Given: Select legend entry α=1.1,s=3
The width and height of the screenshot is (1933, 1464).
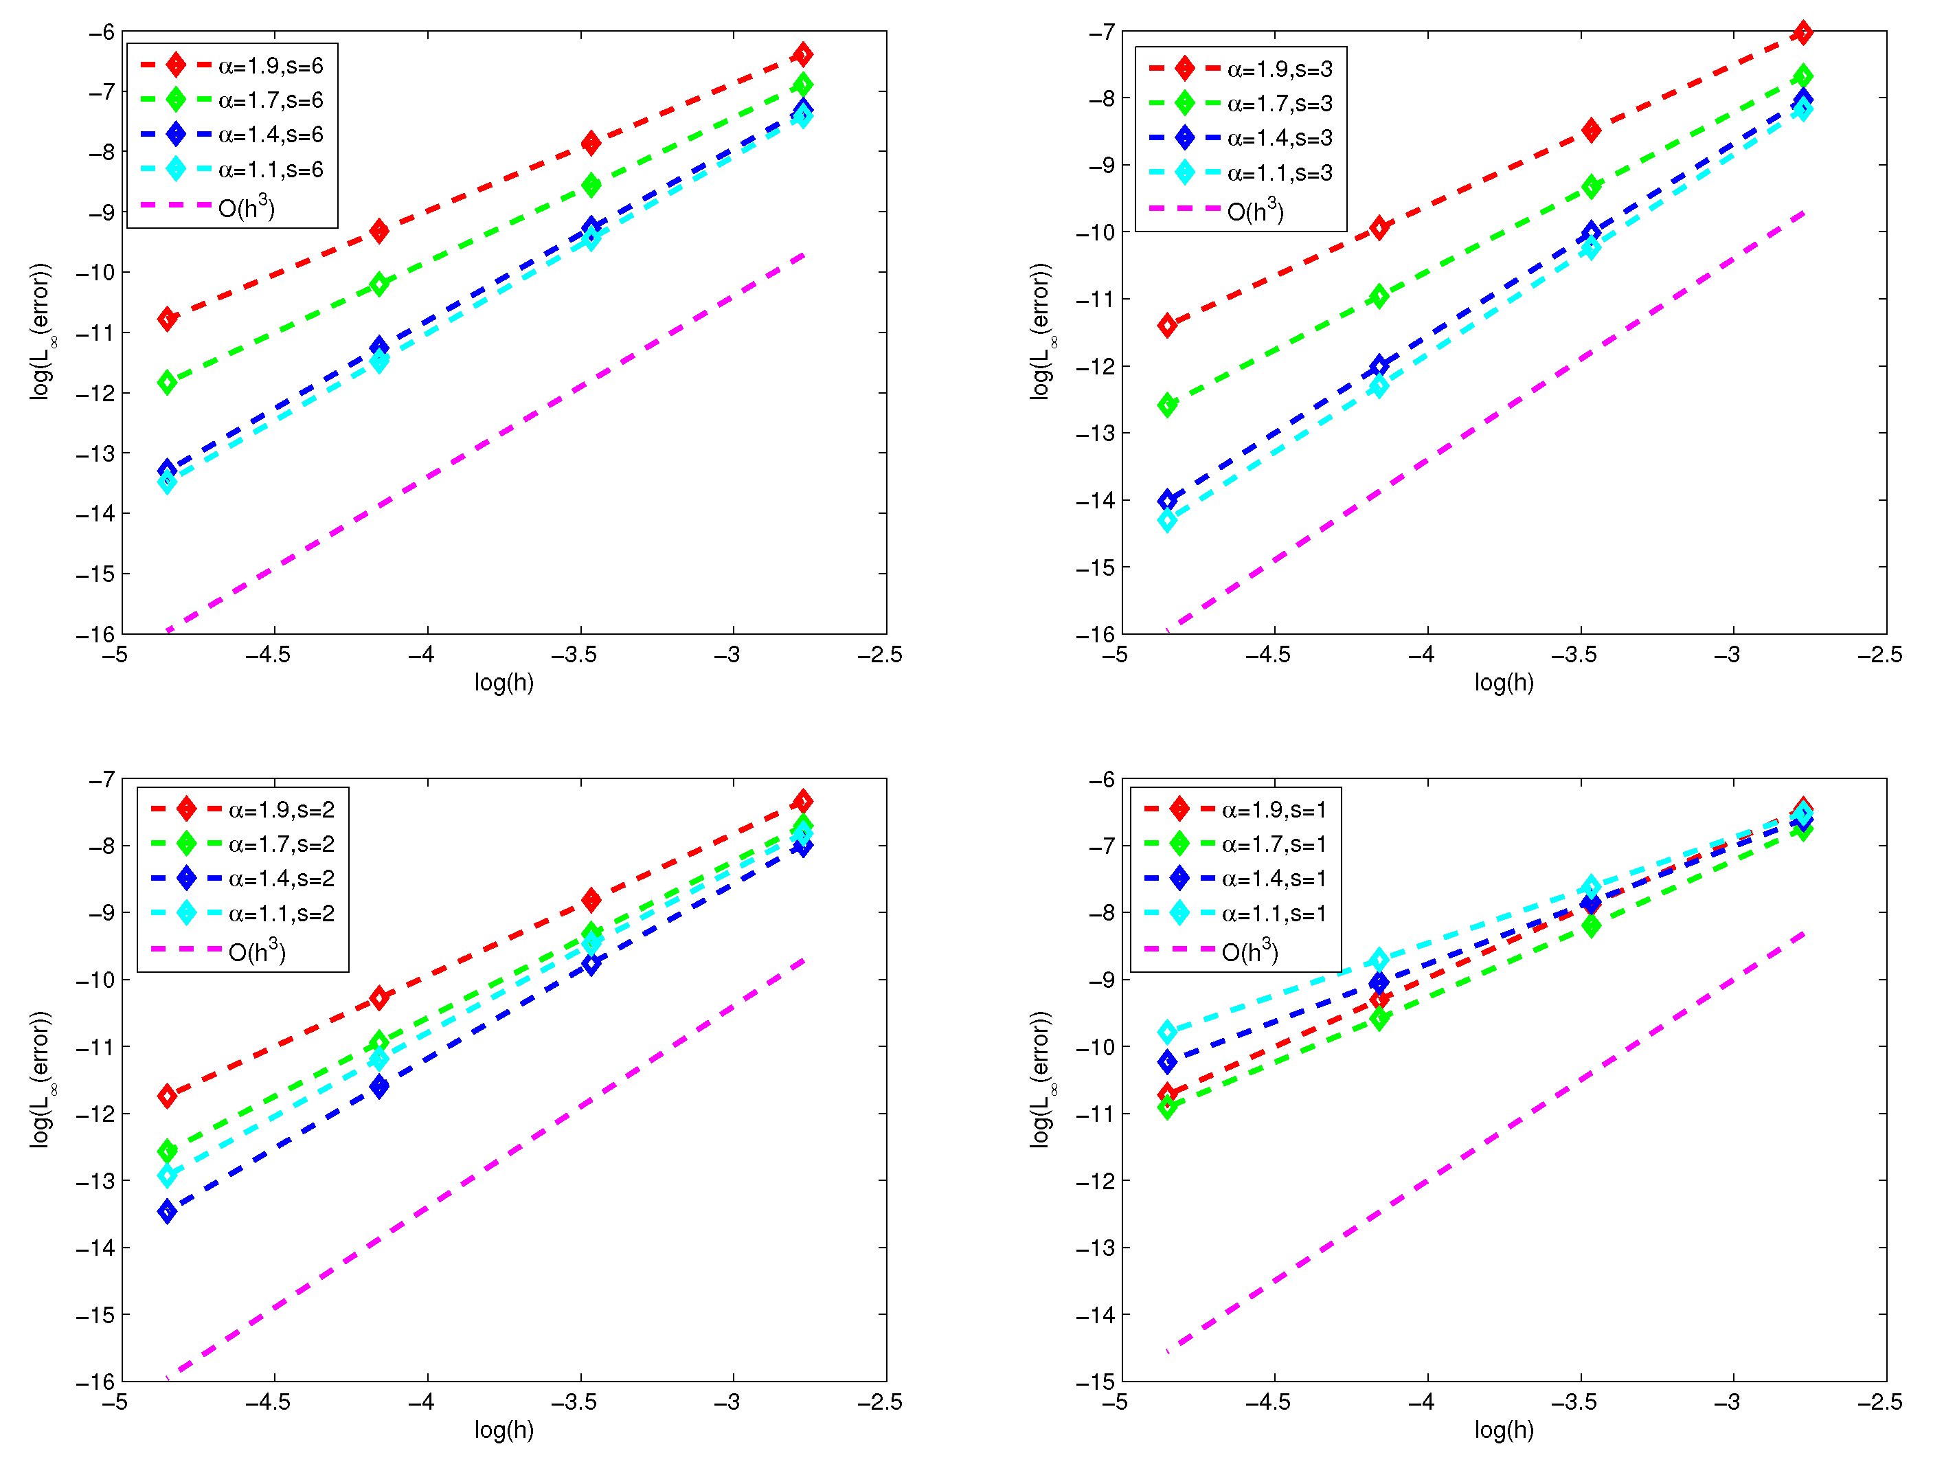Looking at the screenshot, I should (x=1278, y=173).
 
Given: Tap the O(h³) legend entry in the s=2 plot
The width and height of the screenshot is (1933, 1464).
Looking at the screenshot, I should (x=257, y=951).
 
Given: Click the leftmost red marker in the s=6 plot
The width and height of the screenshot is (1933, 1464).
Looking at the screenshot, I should (x=167, y=319).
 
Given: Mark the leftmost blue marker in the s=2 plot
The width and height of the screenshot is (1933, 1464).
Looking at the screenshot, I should (x=167, y=1210).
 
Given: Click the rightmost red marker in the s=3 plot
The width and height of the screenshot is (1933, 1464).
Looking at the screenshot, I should (x=1802, y=33).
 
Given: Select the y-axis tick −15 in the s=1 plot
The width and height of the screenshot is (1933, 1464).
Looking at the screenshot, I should (x=1094, y=1382).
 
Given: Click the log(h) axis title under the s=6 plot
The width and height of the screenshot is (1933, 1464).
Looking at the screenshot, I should (x=504, y=683).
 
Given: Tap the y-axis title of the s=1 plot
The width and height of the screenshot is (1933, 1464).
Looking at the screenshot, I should (x=1041, y=1079).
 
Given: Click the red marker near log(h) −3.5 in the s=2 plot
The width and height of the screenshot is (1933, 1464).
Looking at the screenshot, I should (x=591, y=899).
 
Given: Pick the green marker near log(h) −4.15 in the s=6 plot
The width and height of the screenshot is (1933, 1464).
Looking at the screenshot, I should (x=378, y=284).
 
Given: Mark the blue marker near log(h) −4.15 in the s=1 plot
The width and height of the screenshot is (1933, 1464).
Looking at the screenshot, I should (x=1378, y=982).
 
